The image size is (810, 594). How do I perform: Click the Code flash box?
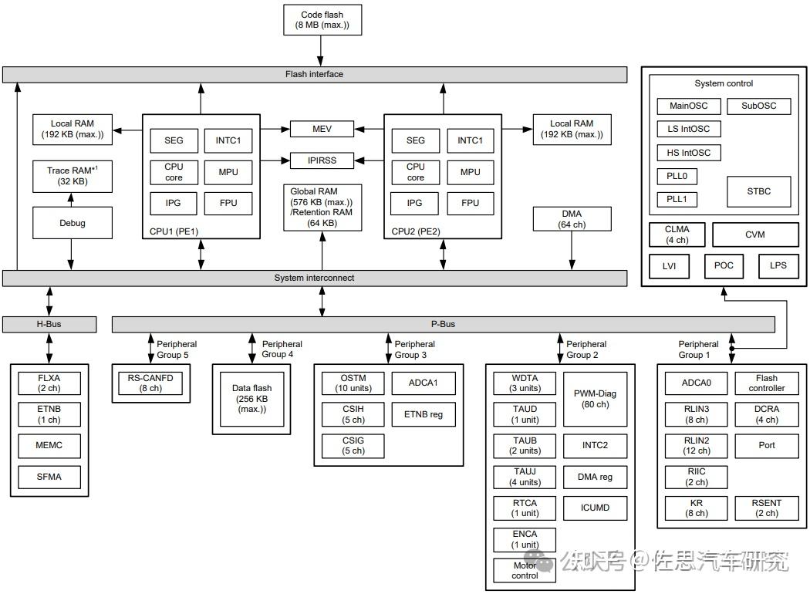click(x=322, y=19)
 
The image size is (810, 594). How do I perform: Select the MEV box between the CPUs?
click(x=322, y=129)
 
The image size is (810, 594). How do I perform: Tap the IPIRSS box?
click(x=322, y=160)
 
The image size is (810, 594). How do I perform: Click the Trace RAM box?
click(x=73, y=177)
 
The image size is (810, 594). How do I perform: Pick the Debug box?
click(x=73, y=223)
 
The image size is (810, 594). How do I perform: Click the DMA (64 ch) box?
click(x=572, y=219)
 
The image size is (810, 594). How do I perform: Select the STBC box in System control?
click(x=759, y=191)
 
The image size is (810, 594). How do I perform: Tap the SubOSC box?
click(x=759, y=106)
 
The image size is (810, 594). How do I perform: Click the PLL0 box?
click(x=677, y=176)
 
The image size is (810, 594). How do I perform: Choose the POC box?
click(x=724, y=265)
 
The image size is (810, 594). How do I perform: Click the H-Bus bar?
click(x=49, y=324)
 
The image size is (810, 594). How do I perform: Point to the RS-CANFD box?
click(x=150, y=383)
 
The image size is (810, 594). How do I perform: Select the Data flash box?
click(x=252, y=399)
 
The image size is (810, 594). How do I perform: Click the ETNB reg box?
click(x=424, y=414)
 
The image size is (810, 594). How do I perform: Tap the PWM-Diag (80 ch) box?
click(x=595, y=399)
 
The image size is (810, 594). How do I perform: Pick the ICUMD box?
click(x=595, y=508)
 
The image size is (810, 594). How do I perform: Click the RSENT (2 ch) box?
click(x=767, y=508)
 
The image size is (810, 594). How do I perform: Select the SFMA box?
click(x=49, y=477)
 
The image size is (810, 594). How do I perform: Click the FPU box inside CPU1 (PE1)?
click(x=228, y=203)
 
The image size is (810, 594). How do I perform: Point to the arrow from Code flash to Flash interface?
click(x=320, y=51)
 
